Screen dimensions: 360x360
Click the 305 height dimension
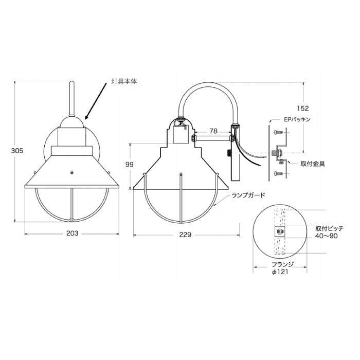coord(17,151)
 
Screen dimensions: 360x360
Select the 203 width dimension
coord(73,233)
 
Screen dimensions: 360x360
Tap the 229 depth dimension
coord(185,235)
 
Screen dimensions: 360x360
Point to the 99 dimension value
coord(130,165)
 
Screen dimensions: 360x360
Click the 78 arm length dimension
coord(213,131)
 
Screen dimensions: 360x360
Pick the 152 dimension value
coord(303,108)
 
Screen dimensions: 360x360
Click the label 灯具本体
coord(124,81)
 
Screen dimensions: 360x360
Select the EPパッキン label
coord(297,119)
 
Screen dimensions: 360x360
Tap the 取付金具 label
coord(313,164)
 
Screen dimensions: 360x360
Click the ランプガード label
coord(248,195)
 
